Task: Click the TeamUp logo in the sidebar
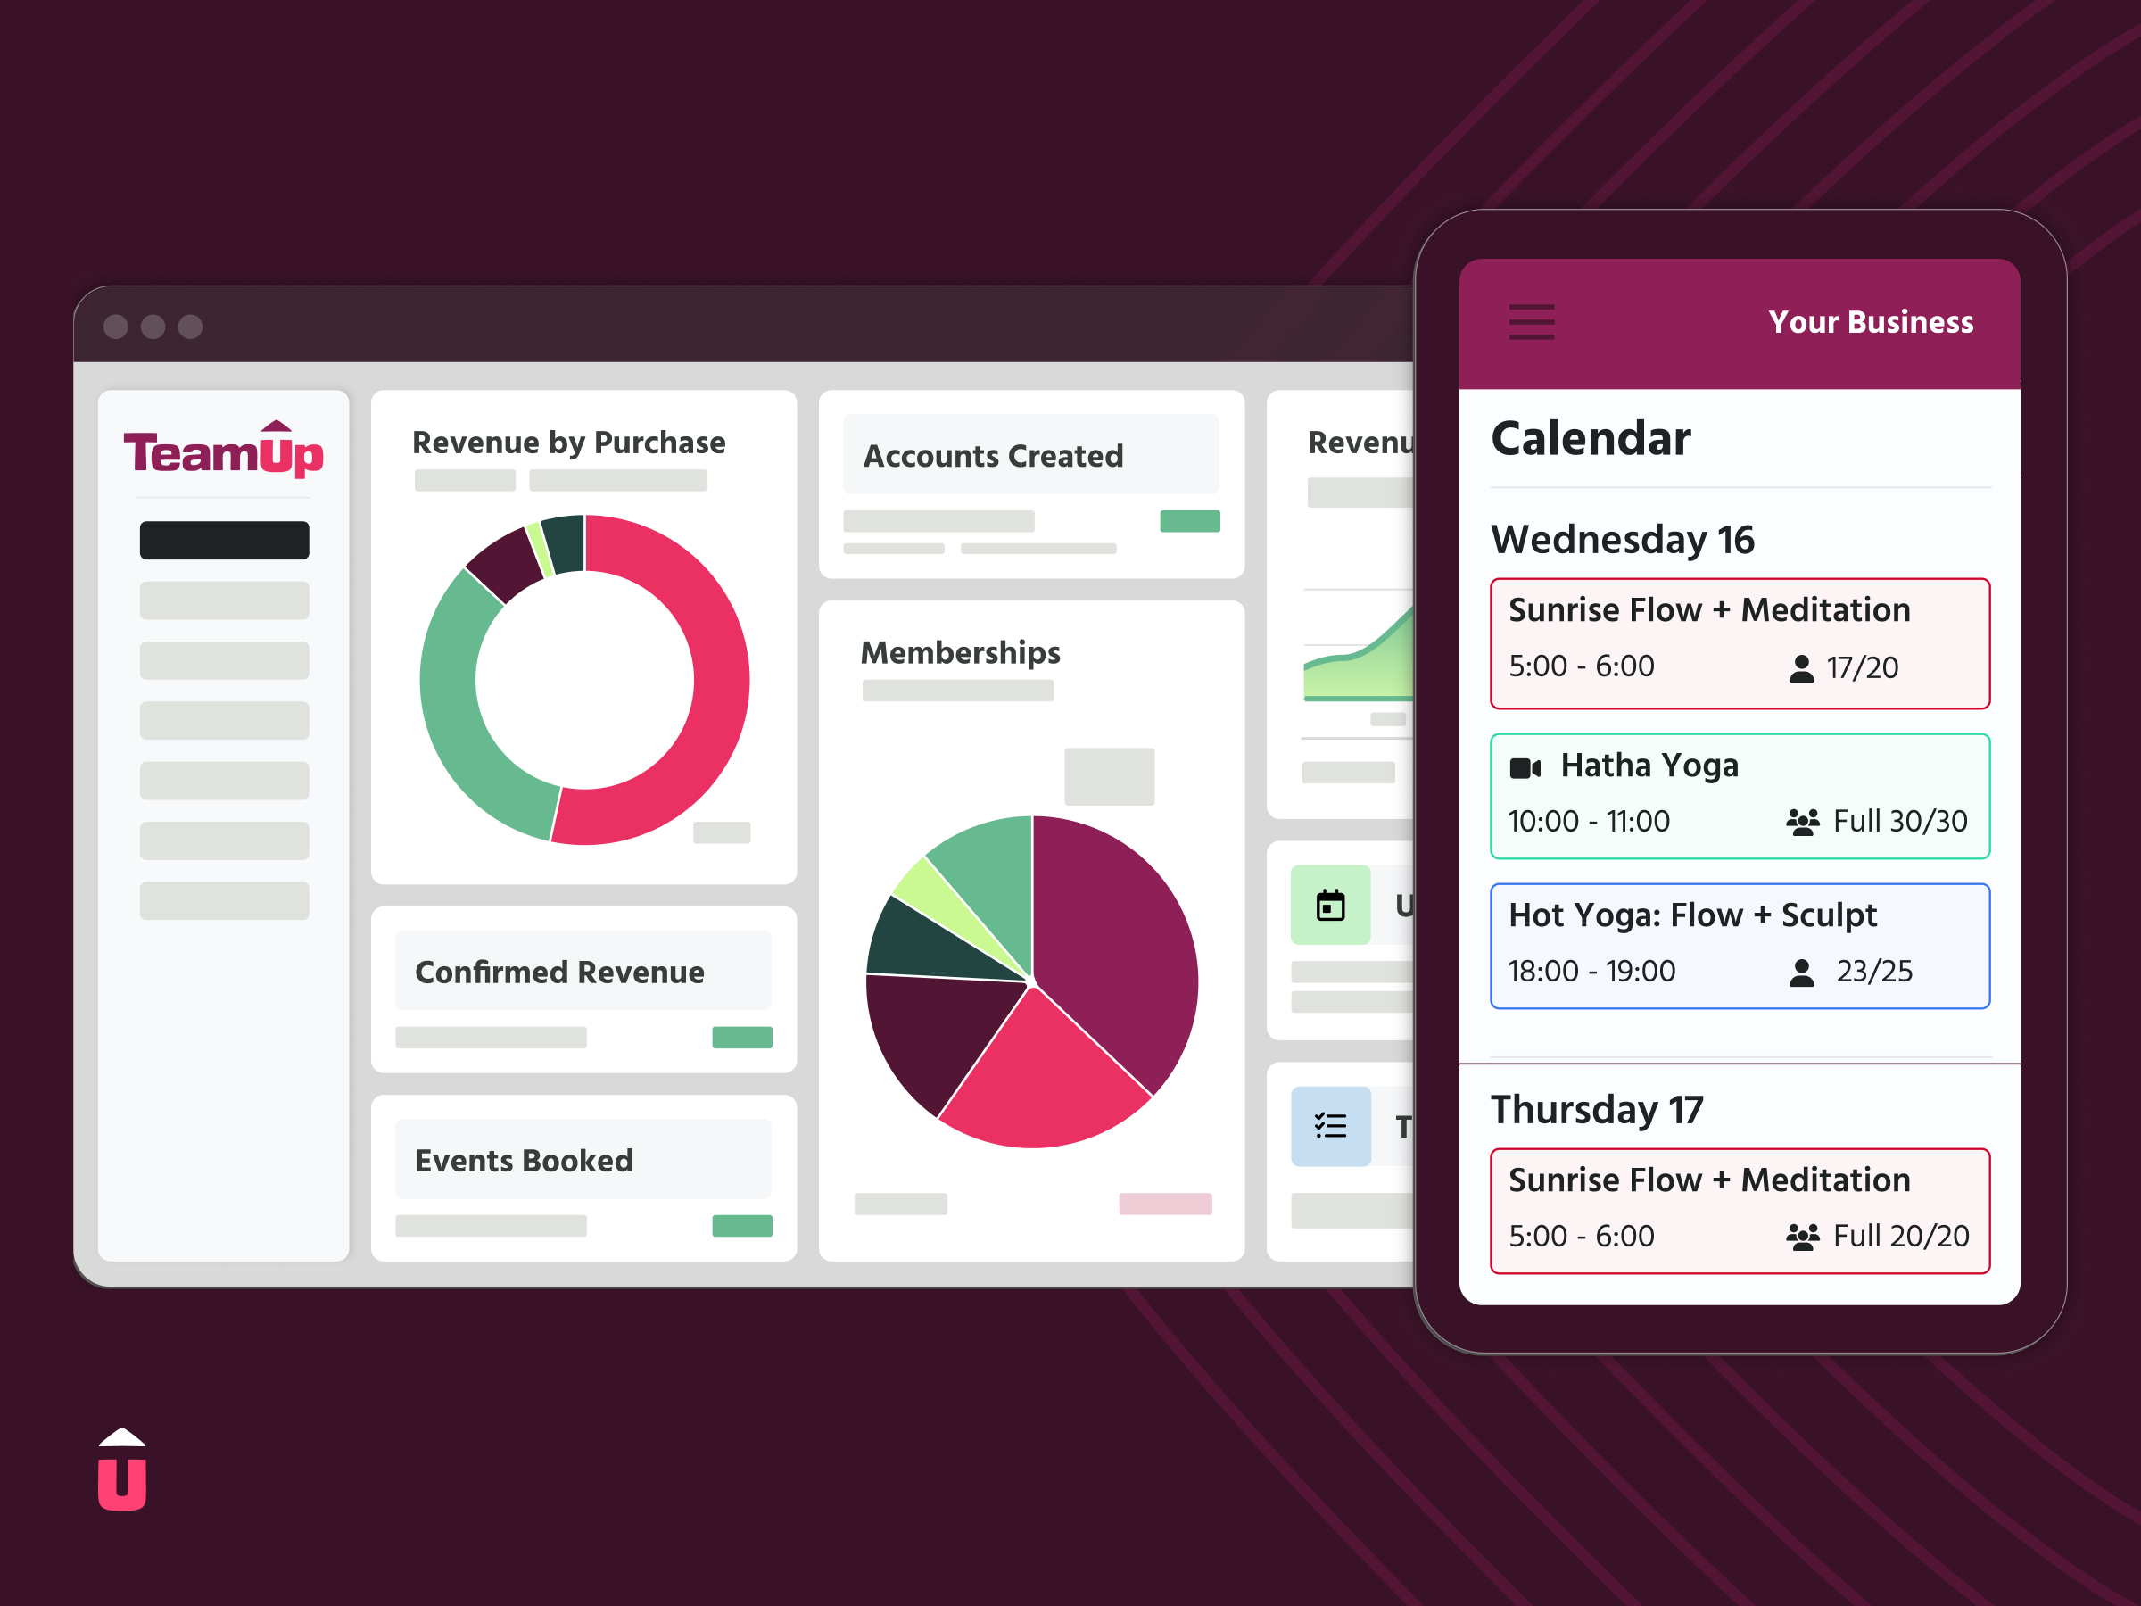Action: pos(224,451)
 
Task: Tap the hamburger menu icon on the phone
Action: pos(1531,321)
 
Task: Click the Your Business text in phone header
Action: pos(1870,321)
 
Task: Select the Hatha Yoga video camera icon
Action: pos(1525,768)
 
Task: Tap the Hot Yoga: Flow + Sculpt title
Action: pos(1692,915)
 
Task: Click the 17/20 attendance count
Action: pos(1861,668)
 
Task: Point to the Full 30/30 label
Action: pos(1899,822)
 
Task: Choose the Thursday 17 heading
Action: pos(1596,1109)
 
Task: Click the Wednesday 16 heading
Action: pos(1622,539)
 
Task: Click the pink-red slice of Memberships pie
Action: pos(1040,1074)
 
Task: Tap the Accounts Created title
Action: pos(993,456)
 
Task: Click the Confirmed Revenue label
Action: pos(559,972)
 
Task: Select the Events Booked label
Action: pos(524,1161)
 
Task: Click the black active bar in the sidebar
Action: pos(224,540)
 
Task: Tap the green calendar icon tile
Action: pos(1330,905)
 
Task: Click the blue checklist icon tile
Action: pos(1330,1126)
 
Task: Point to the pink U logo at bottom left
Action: pos(122,1471)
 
